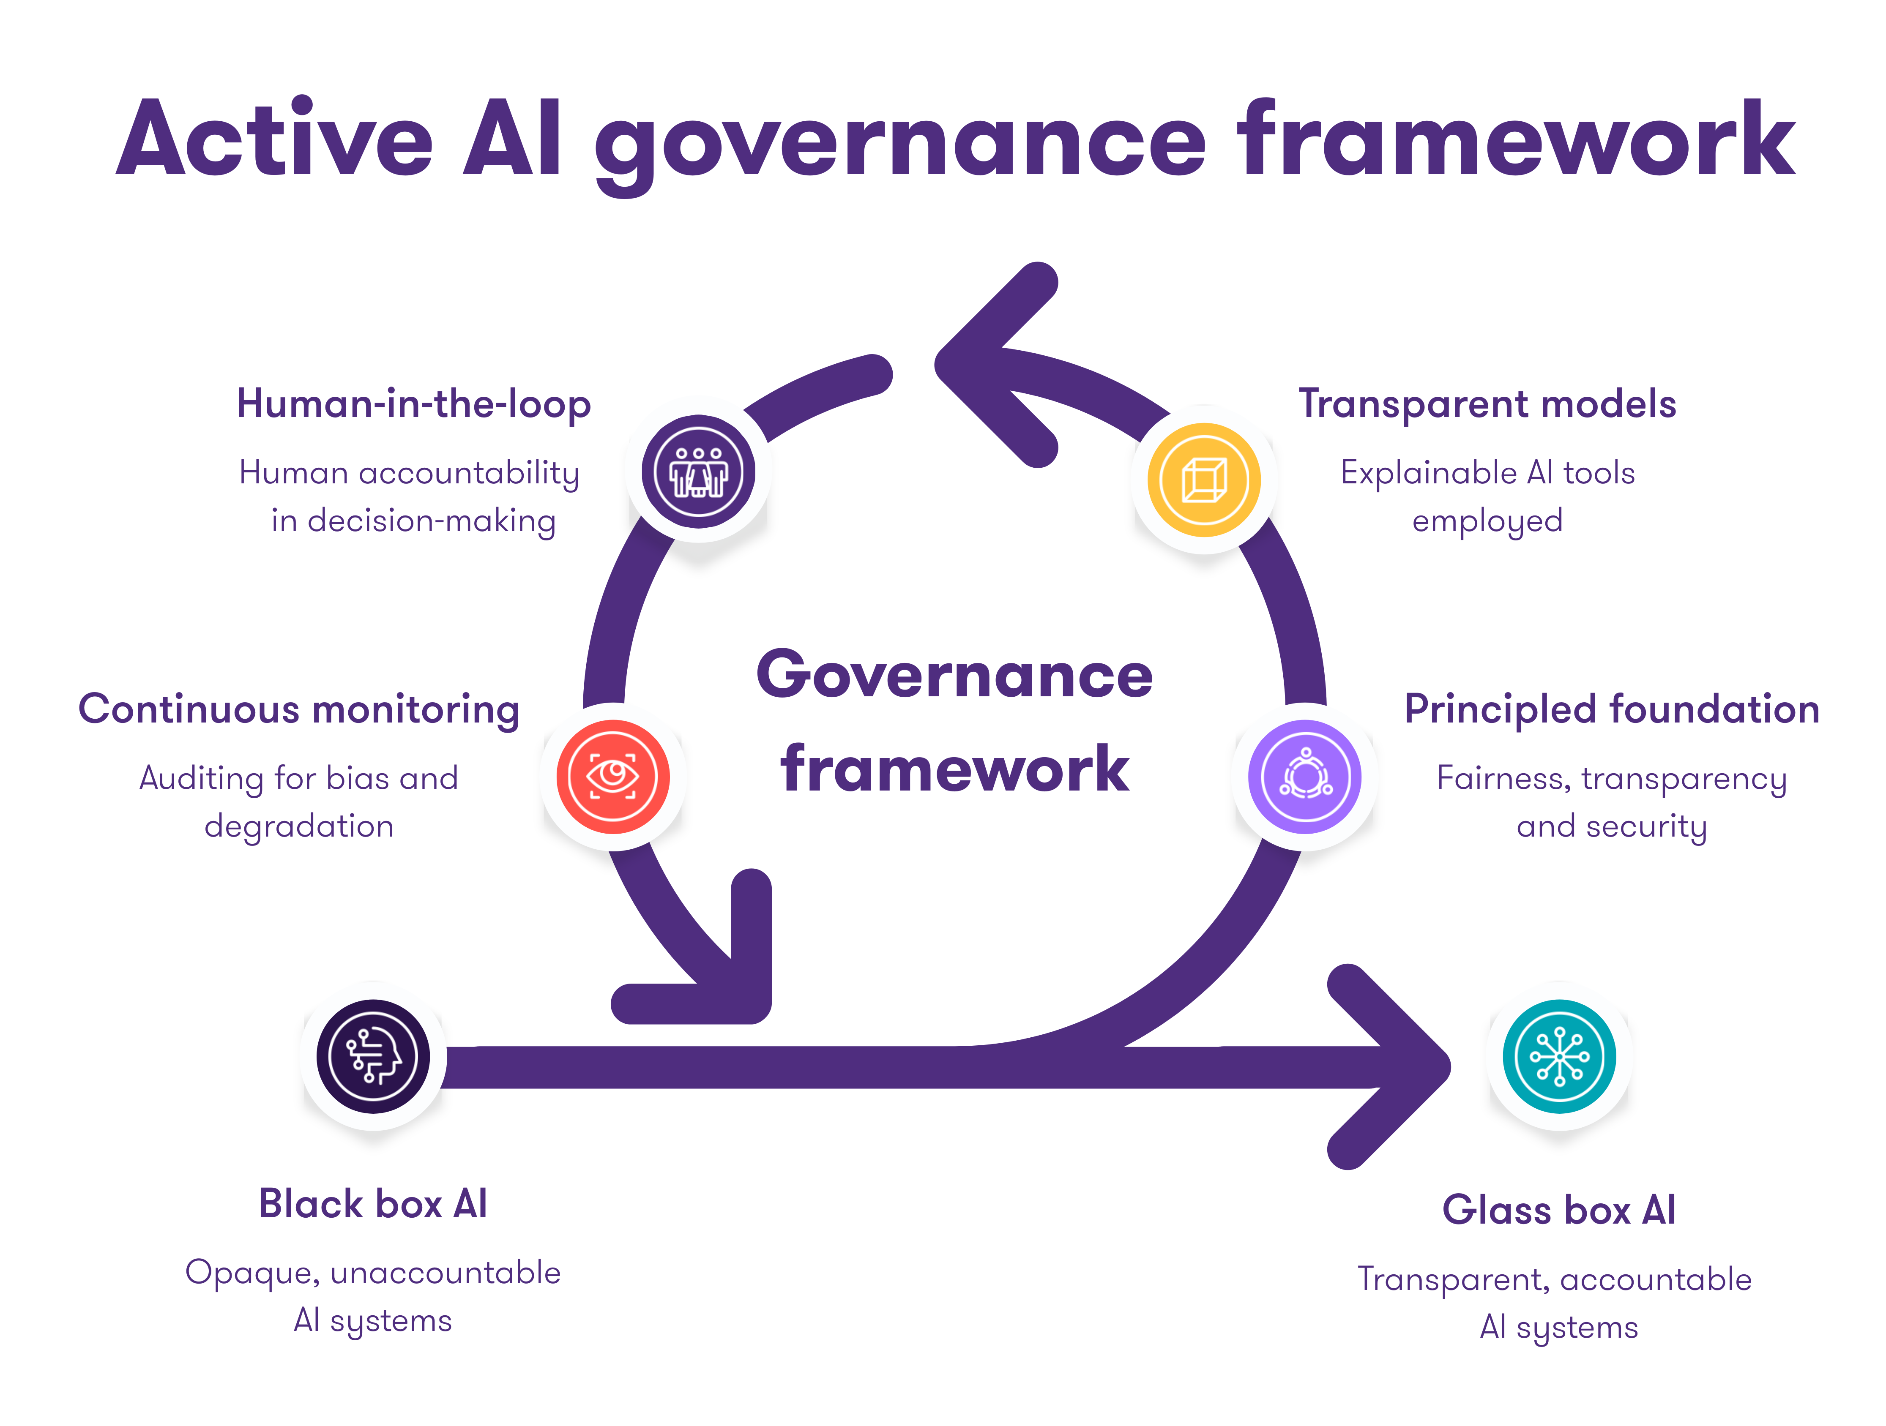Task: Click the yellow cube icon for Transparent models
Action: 1204,480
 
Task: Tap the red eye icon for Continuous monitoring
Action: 613,777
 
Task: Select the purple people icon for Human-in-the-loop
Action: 698,472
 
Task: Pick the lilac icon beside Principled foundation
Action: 1304,777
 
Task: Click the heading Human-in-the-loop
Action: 413,404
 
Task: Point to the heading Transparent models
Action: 1487,404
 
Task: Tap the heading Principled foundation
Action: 1611,709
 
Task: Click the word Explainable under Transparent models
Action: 1429,473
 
